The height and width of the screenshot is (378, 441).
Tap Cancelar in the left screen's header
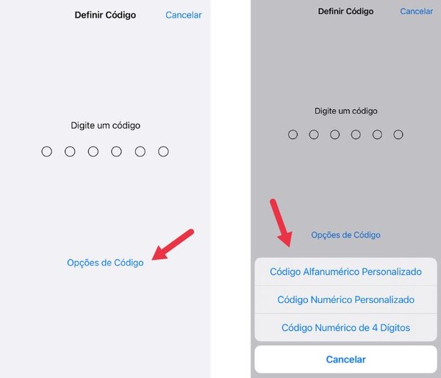[183, 15]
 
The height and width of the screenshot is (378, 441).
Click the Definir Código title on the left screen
[105, 15]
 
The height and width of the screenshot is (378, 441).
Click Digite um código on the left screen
[105, 125]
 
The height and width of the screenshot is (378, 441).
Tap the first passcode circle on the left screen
[47, 151]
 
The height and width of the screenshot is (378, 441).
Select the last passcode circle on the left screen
[163, 151]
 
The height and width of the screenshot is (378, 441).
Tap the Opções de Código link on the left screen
[105, 263]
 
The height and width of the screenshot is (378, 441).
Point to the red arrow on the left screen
[173, 243]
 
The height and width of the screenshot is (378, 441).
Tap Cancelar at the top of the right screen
[416, 11]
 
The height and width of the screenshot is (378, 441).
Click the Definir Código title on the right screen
[345, 11]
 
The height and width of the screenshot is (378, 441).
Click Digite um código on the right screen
[345, 111]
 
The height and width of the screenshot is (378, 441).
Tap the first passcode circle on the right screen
[293, 135]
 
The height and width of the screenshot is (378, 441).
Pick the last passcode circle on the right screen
[398, 135]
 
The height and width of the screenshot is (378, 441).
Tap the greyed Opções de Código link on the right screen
[345, 235]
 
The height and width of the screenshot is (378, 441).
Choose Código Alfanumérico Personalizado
[345, 271]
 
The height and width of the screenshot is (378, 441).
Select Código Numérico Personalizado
[345, 299]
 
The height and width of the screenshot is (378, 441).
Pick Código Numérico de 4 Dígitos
[345, 327]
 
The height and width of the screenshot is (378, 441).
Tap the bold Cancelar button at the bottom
[345, 360]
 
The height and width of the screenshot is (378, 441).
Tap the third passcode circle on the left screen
[93, 151]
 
